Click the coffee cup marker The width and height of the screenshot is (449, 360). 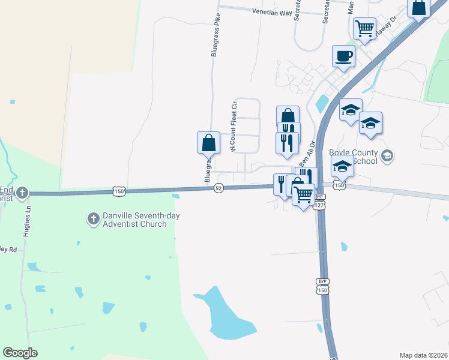coord(343,56)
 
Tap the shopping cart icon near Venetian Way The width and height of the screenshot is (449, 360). coord(364,28)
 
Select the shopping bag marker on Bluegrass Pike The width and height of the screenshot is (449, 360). coord(208,143)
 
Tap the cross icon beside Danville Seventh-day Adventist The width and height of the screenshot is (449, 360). coord(93,219)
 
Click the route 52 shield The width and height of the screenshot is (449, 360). coord(219,188)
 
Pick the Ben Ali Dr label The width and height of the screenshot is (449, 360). coord(307,153)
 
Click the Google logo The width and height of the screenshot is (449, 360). coord(20,353)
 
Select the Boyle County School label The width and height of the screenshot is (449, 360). coord(354,156)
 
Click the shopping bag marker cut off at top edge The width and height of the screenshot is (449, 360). coord(418,7)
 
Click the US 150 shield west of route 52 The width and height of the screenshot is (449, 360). coord(118,191)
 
